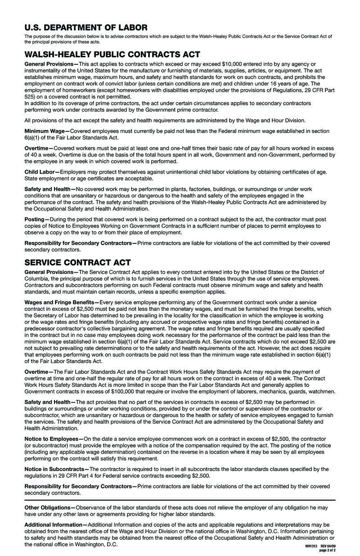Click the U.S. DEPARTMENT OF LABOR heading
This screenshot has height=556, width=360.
point(85,27)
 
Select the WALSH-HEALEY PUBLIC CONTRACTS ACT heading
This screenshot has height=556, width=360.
point(112,54)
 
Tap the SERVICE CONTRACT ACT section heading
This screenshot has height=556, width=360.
point(77,262)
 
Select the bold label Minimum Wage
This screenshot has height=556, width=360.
point(44,131)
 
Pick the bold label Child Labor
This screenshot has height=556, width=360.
point(39,172)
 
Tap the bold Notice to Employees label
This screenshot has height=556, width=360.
point(51,439)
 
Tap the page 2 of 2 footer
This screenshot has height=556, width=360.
point(327,550)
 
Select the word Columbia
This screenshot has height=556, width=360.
point(39,279)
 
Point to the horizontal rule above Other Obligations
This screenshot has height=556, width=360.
point(180,500)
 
